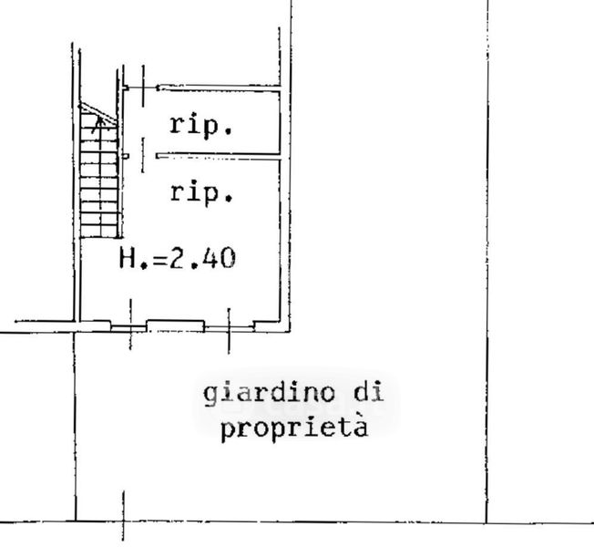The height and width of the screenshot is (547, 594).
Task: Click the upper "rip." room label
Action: coord(200,126)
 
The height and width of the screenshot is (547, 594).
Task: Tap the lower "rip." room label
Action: coord(200,192)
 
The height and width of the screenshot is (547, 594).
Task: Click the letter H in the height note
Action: coord(128,259)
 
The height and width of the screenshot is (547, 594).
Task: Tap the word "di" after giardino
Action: coord(366,394)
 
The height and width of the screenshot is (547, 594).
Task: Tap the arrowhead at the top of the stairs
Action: coord(97,119)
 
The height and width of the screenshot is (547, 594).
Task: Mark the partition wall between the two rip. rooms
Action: coord(217,156)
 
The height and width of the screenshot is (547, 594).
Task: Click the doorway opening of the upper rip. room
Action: coord(141,88)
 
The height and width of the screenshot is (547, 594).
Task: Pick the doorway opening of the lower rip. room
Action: coord(141,156)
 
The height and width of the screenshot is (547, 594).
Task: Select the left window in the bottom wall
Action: coord(128,324)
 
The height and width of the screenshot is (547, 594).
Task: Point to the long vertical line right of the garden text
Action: coord(486,273)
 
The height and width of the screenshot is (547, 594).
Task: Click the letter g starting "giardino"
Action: coord(209,395)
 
